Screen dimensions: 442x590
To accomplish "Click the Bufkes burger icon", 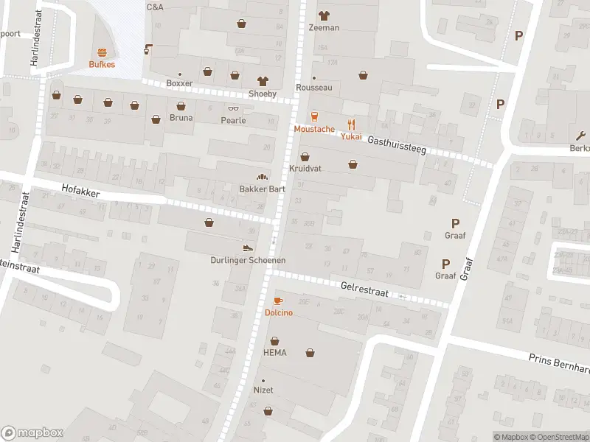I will pyautogui.click(x=102, y=52).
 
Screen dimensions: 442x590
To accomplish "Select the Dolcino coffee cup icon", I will pyautogui.click(x=278, y=301).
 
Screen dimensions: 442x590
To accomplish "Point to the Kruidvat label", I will pyautogui.click(x=305, y=169).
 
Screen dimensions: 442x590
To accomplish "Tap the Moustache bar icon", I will pyautogui.click(x=315, y=116).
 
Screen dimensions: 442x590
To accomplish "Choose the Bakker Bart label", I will pyautogui.click(x=262, y=189).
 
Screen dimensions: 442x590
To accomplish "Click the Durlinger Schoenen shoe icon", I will pyautogui.click(x=249, y=248).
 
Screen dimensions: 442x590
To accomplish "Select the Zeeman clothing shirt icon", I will pyautogui.click(x=324, y=15).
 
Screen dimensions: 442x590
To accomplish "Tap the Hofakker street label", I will pyautogui.click(x=80, y=190).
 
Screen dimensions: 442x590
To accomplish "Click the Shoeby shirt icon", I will pyautogui.click(x=262, y=81).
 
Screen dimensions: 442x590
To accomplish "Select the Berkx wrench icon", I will pyautogui.click(x=581, y=135).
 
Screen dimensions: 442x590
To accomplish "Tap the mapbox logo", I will pyautogui.click(x=32, y=433).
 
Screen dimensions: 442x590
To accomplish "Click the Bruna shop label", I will pyautogui.click(x=181, y=118).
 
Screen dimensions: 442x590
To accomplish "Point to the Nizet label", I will pyautogui.click(x=263, y=390).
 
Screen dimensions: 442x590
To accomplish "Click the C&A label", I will pyautogui.click(x=155, y=7).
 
